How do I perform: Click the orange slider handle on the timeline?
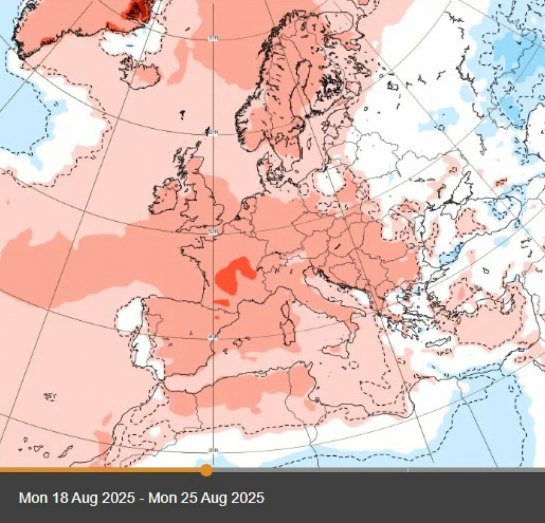click(x=206, y=470)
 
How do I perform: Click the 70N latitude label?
click(x=213, y=39)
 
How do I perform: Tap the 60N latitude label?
click(x=213, y=132)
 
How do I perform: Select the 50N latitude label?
click(x=213, y=232)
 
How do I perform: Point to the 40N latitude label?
click(x=213, y=337)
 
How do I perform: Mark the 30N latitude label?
click(x=213, y=450)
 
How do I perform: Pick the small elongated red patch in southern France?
click(x=222, y=302)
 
